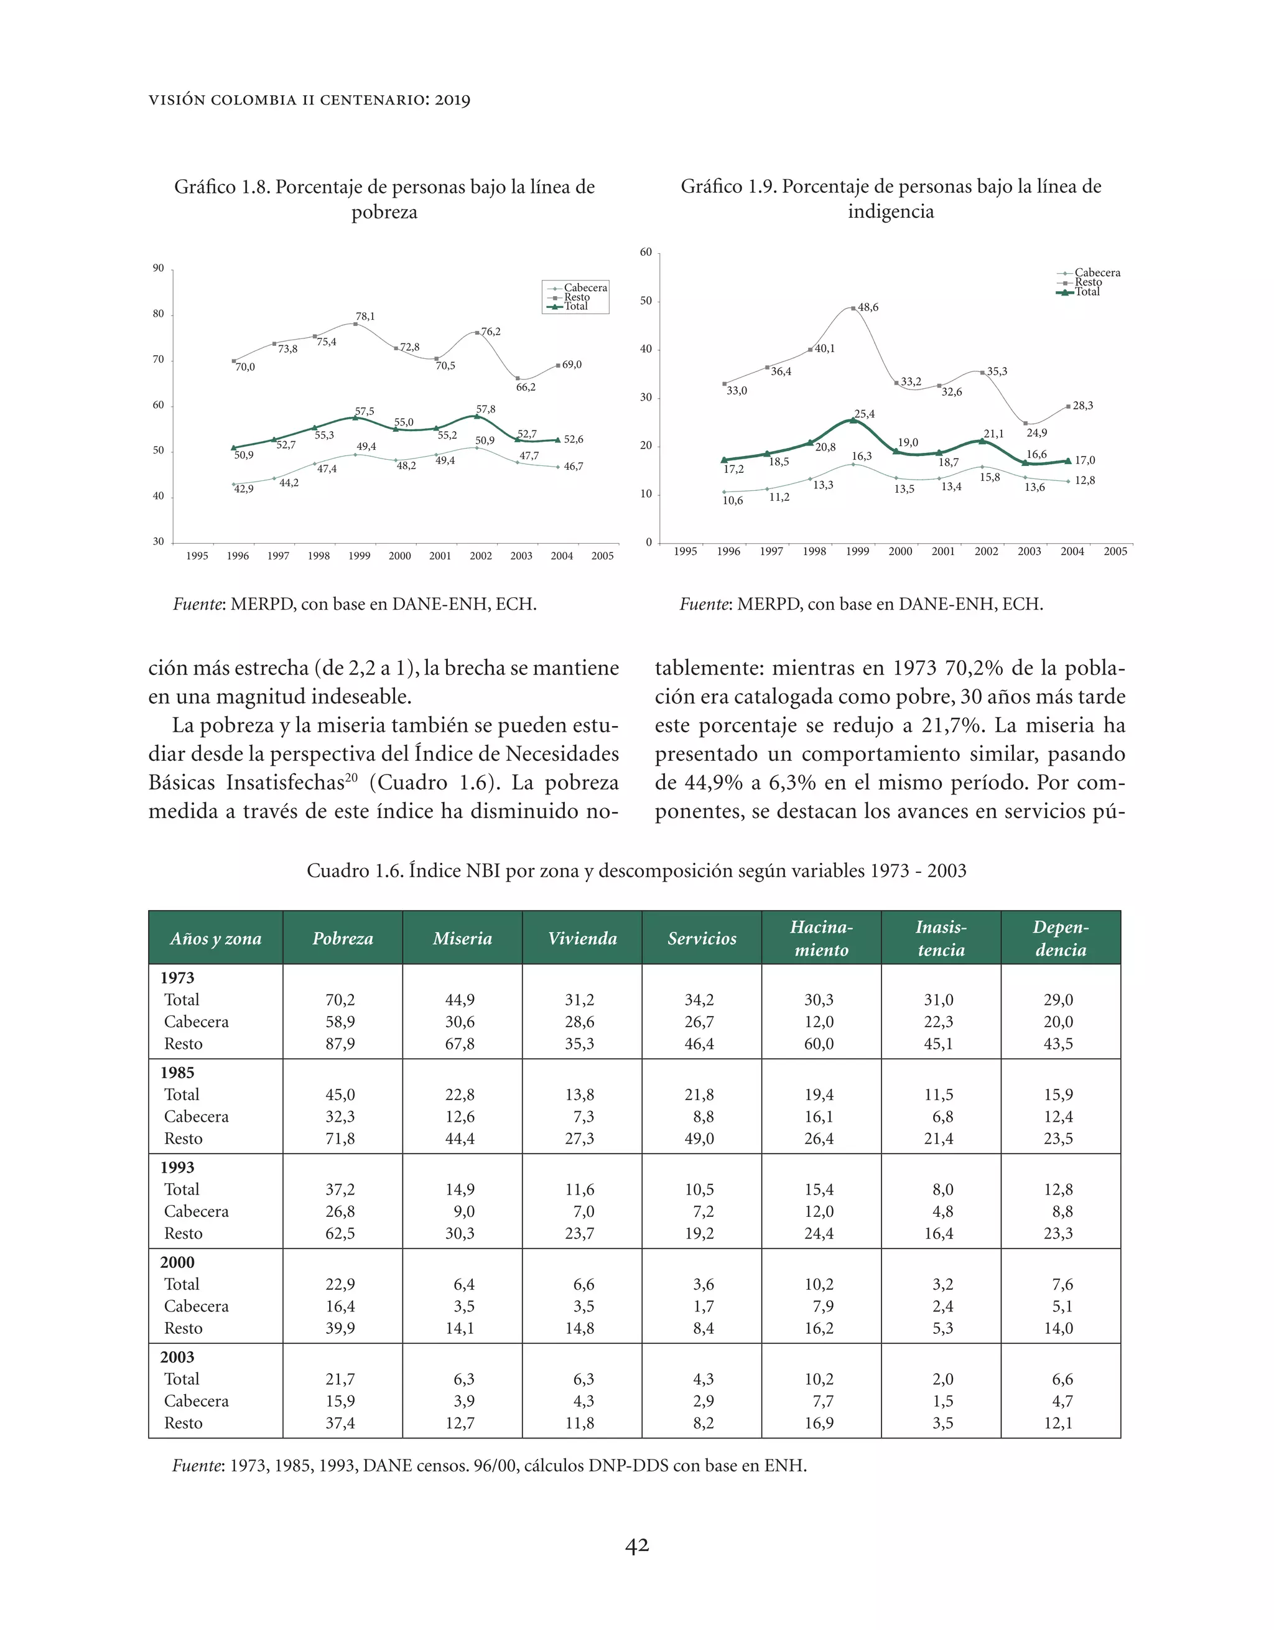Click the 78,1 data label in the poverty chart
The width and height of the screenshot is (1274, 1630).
coord(365,317)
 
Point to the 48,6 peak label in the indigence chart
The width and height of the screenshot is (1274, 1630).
coord(868,307)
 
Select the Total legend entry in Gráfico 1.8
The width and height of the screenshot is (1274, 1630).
coord(575,306)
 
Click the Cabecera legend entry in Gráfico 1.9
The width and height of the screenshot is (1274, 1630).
coord(1097,273)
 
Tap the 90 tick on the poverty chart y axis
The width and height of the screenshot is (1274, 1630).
coord(158,269)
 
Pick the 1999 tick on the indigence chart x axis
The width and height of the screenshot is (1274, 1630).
coord(858,552)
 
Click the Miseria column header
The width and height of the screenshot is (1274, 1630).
coord(462,938)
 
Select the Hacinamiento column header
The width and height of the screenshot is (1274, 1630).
coord(821,938)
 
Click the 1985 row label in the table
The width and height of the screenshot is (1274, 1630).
coord(177,1073)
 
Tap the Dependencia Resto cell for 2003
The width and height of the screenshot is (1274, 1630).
coord(1058,1423)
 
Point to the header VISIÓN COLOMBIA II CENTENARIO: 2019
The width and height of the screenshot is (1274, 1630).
coord(309,100)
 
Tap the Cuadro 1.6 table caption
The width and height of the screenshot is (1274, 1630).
coord(636,871)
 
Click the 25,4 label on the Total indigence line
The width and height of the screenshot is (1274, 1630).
coord(864,414)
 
